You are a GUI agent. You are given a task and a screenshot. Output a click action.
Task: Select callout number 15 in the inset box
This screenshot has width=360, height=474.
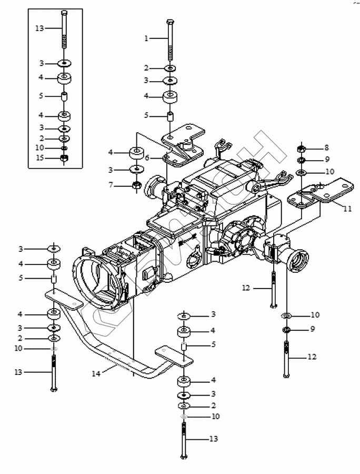coord(40,157)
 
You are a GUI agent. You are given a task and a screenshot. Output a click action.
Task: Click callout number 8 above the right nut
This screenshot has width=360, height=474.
coord(326,148)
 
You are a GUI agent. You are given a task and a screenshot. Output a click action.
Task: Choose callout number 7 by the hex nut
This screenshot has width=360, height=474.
coord(111,185)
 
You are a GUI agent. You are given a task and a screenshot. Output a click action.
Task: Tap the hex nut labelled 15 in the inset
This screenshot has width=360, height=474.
coord(64,157)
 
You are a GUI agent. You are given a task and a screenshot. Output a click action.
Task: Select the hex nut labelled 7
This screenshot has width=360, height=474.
coord(136,185)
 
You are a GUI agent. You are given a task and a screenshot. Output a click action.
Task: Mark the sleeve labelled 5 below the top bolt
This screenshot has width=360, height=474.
coord(170,115)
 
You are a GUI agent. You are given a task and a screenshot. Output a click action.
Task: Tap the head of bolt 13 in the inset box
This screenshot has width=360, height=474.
coord(64,12)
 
